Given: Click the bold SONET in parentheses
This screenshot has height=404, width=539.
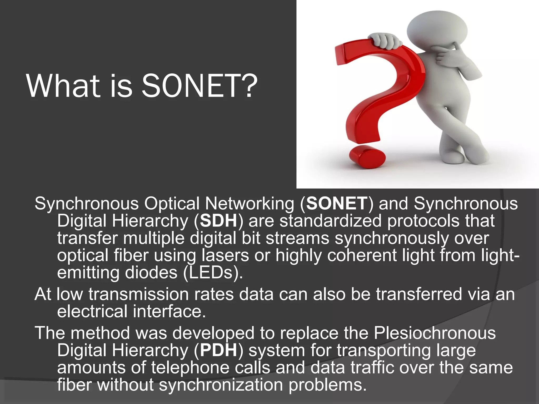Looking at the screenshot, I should pos(336,203).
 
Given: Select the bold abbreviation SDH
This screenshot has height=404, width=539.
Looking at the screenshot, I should pos(218,221).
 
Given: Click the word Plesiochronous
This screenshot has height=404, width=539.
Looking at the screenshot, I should pos(435,333).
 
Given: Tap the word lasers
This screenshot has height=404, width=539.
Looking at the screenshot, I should pos(225,255).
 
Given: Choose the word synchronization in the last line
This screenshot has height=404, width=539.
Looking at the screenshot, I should pos(221,385).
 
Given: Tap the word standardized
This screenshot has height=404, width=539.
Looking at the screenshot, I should pos(330,221).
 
